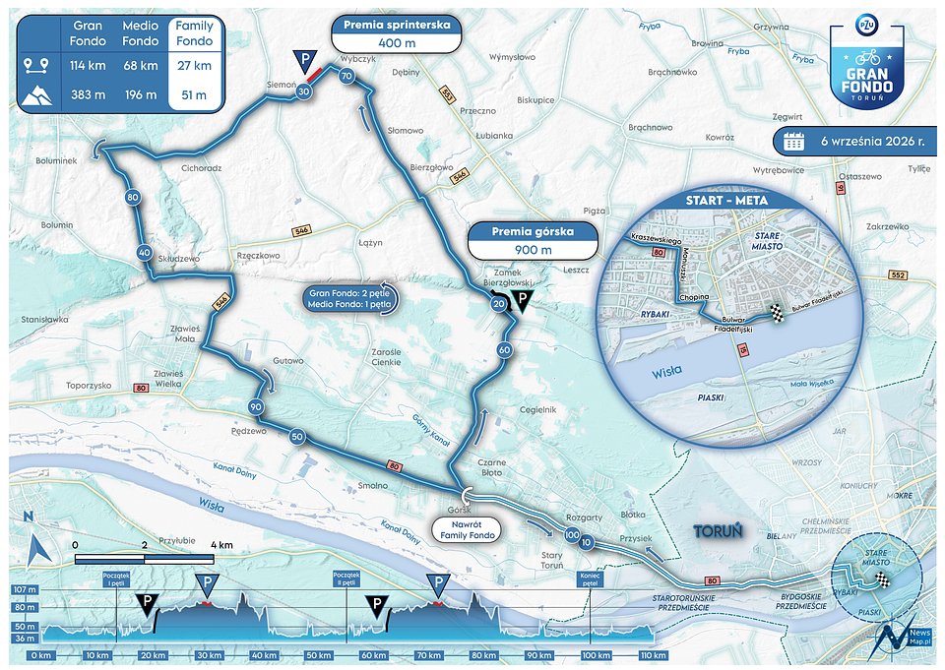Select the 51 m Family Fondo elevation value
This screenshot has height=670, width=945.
[194, 94]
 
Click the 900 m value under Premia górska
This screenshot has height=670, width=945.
[533, 250]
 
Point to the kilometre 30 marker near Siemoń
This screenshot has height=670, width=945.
[304, 91]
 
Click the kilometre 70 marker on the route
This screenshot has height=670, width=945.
[346, 76]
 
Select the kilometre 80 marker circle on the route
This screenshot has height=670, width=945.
[132, 198]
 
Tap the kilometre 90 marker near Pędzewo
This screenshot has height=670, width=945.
[255, 407]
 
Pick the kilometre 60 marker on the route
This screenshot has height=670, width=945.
[504, 349]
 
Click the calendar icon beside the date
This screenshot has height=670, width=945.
[793, 141]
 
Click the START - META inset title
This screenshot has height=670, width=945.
[725, 201]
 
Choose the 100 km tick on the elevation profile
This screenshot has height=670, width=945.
[591, 655]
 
